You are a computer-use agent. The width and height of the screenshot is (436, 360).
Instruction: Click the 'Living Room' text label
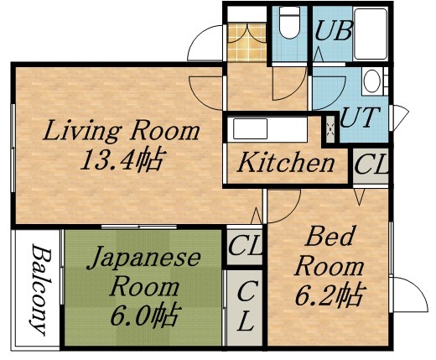(122, 132)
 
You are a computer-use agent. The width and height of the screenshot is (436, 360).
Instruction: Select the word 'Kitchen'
(285, 163)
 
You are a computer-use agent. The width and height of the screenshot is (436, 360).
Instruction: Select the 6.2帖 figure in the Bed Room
(329, 296)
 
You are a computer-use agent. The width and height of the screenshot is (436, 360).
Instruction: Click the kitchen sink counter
(273, 131)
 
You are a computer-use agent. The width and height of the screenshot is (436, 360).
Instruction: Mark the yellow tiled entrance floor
(246, 39)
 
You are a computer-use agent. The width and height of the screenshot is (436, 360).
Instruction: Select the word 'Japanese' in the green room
(144, 257)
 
